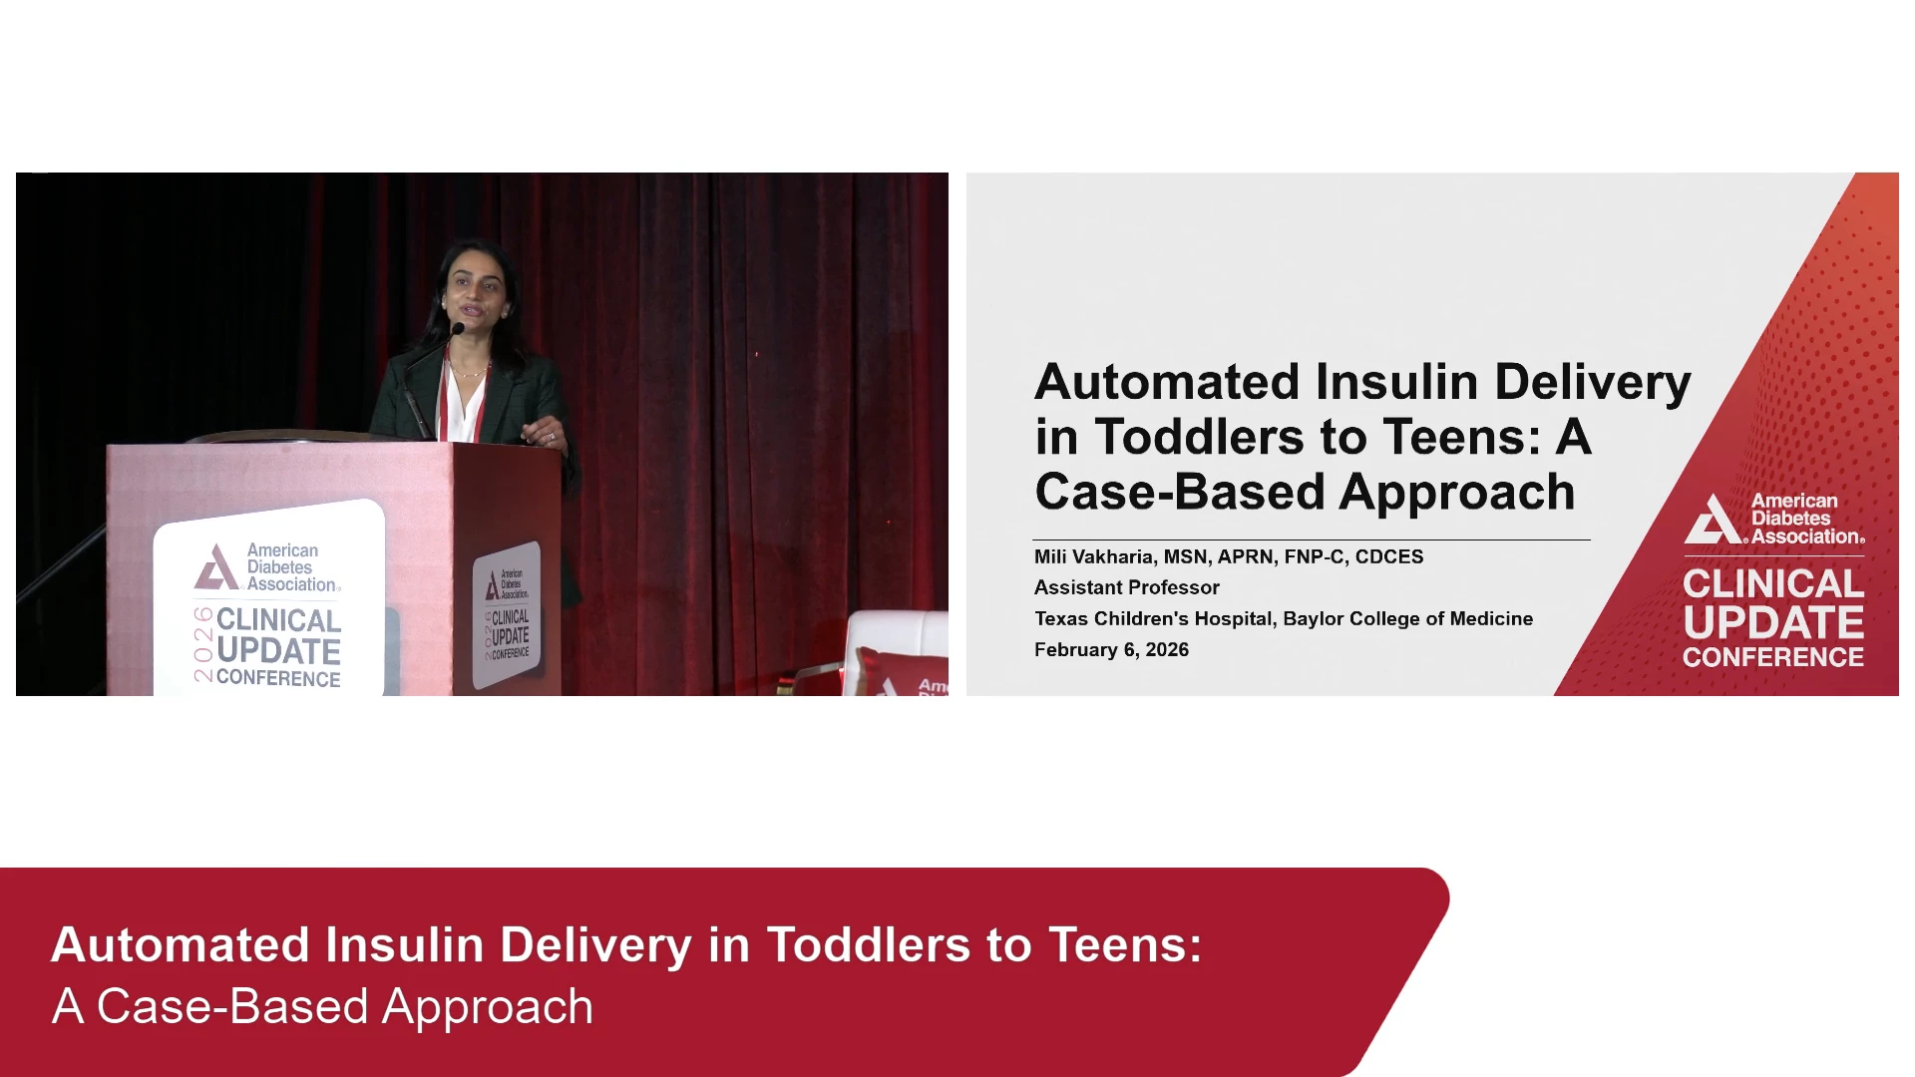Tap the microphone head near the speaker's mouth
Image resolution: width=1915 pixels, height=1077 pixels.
(x=458, y=328)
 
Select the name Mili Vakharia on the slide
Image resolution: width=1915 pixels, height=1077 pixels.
(x=1093, y=556)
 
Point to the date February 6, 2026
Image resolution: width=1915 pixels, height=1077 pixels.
(x=1111, y=649)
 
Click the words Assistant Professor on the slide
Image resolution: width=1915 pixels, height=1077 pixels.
(x=1127, y=587)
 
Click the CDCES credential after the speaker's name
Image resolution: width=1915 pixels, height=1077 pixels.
(x=1389, y=556)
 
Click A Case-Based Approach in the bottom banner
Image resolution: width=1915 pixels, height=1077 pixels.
(x=322, y=1006)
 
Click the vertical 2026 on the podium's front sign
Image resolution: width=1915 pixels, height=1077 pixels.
(x=203, y=644)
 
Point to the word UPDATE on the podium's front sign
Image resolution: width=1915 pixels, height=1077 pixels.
(x=278, y=651)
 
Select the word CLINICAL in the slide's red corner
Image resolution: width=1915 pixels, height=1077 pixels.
(x=1773, y=583)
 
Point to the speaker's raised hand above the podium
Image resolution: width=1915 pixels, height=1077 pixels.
(x=545, y=433)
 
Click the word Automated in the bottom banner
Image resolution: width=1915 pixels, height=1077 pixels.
(x=181, y=944)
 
